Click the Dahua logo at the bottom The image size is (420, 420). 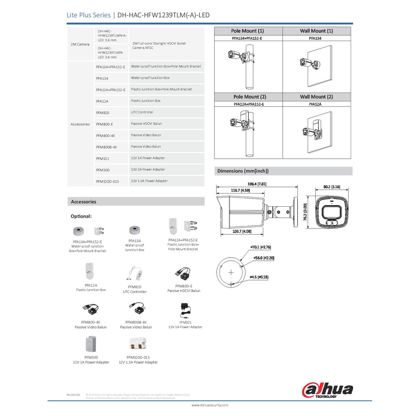(327, 389)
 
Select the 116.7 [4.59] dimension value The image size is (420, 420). (240, 190)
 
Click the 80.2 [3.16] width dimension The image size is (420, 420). (332, 187)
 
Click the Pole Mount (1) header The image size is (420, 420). (247, 31)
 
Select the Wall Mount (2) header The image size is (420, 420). (316, 97)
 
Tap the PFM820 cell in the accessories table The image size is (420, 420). (103, 112)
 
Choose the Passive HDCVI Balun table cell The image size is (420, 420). (146, 123)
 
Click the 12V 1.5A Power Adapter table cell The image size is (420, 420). (149, 181)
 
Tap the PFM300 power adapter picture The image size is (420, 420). (91, 345)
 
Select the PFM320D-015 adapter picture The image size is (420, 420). (138, 344)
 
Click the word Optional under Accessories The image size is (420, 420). (81, 216)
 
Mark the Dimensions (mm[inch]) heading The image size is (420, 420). (243, 171)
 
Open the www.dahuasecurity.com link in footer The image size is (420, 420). (210, 405)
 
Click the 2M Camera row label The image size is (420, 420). (80, 44)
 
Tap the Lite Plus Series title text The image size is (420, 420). (89, 15)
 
